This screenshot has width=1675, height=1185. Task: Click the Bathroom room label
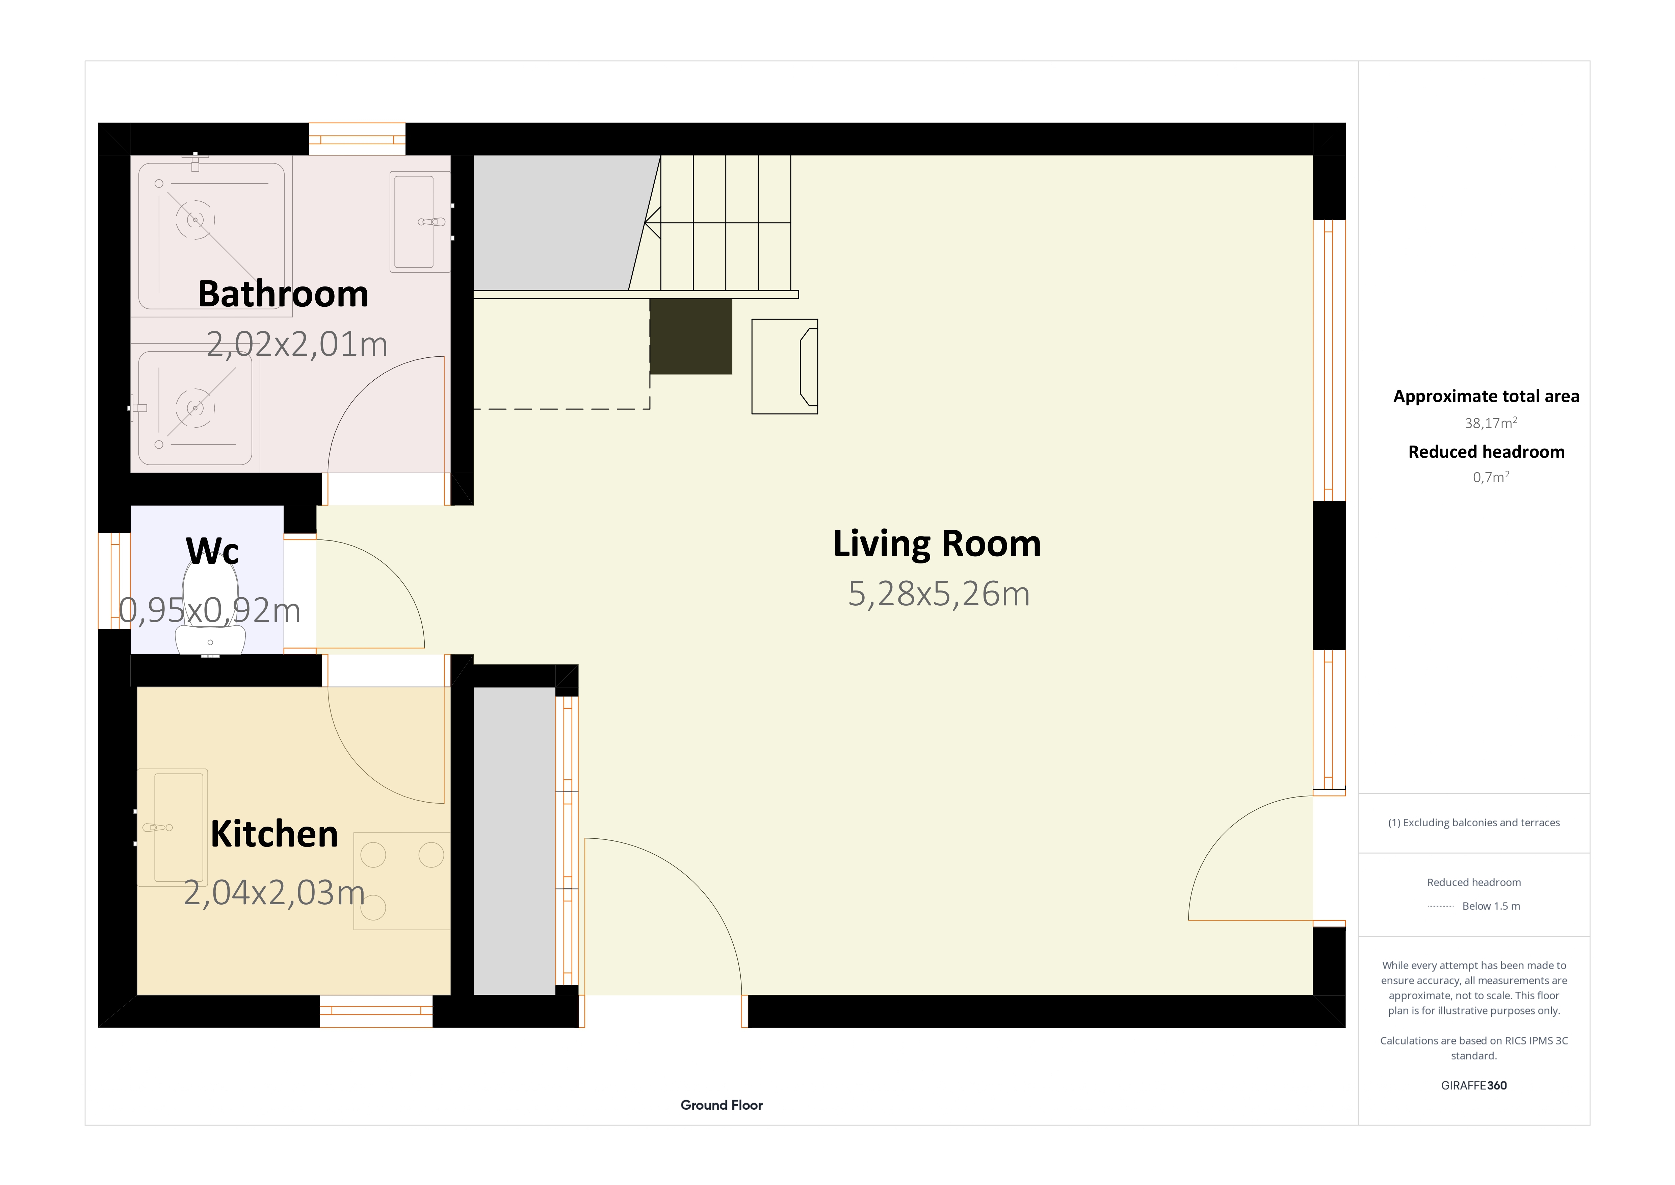pyautogui.click(x=283, y=294)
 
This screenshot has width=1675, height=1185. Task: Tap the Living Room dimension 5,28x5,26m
pyautogui.click(x=939, y=594)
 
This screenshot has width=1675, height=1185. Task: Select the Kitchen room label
pyautogui.click(x=274, y=834)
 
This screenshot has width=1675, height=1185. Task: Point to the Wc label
pyautogui.click(x=212, y=551)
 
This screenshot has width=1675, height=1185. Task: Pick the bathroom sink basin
pyautogui.click(x=419, y=222)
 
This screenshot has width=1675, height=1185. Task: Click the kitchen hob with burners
pyautogui.click(x=402, y=881)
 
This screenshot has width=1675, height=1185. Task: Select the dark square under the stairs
pyautogui.click(x=691, y=336)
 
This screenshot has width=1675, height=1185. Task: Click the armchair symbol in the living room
pyautogui.click(x=785, y=366)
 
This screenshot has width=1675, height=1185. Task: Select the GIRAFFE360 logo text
pyautogui.click(x=1474, y=1085)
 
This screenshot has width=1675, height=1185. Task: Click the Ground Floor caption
pyautogui.click(x=722, y=1105)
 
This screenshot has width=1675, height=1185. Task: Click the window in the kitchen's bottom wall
pyautogui.click(x=376, y=1011)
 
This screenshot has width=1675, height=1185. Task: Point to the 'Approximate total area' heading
pyautogui.click(x=1486, y=396)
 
